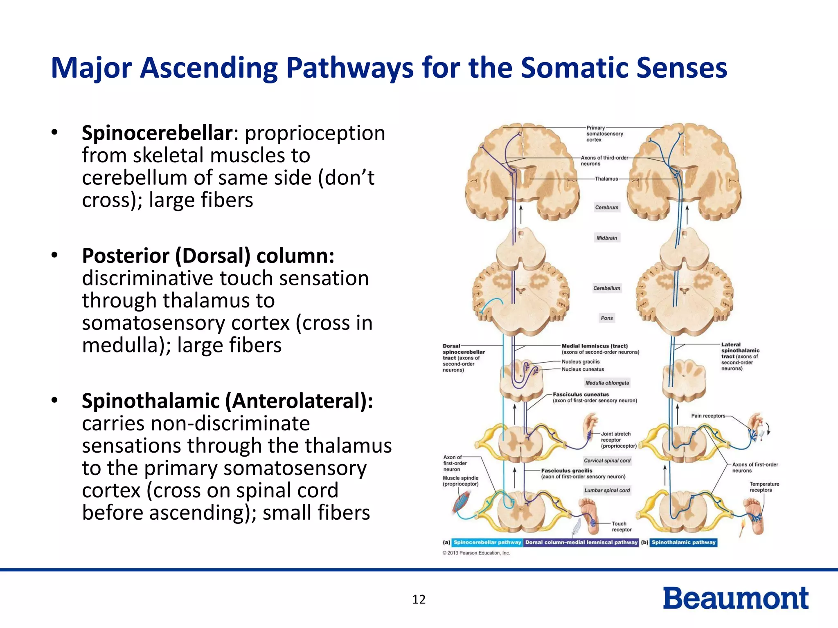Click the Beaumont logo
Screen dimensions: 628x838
(x=735, y=598)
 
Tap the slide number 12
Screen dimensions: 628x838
(x=419, y=599)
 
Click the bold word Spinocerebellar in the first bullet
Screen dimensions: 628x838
(x=157, y=133)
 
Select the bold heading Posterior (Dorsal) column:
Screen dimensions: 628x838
(x=208, y=256)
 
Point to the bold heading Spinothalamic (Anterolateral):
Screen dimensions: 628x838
(x=227, y=401)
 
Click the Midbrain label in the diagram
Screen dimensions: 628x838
(x=606, y=238)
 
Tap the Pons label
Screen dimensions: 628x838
(x=607, y=318)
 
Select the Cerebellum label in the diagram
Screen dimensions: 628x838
(x=607, y=288)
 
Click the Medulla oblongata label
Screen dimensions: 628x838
(x=607, y=383)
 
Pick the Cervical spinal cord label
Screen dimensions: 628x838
(x=607, y=461)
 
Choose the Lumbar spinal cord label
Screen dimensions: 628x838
(x=607, y=491)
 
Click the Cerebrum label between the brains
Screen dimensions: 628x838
(x=606, y=208)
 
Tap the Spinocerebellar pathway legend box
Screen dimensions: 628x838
(x=487, y=543)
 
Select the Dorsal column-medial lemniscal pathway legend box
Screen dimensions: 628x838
(x=581, y=543)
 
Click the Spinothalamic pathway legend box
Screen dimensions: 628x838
(x=683, y=543)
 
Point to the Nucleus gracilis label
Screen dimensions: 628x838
(x=580, y=362)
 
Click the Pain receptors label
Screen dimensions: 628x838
(x=708, y=416)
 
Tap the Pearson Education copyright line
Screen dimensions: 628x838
(x=476, y=553)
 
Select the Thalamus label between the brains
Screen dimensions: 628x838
(x=606, y=179)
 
